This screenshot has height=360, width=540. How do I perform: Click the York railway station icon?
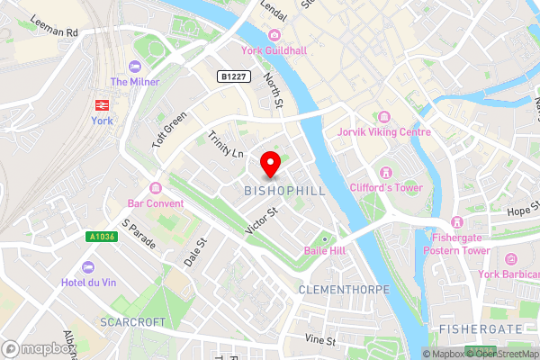(100, 103)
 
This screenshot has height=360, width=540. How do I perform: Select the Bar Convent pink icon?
(156, 187)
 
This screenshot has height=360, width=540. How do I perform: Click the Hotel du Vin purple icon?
(88, 267)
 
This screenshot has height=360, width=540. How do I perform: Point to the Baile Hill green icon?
(327, 239)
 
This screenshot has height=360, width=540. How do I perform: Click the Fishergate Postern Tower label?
(457, 243)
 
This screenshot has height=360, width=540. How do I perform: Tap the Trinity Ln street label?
(226, 146)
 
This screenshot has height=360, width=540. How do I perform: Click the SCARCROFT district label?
(134, 321)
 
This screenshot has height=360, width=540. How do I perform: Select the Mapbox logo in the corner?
(36, 348)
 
